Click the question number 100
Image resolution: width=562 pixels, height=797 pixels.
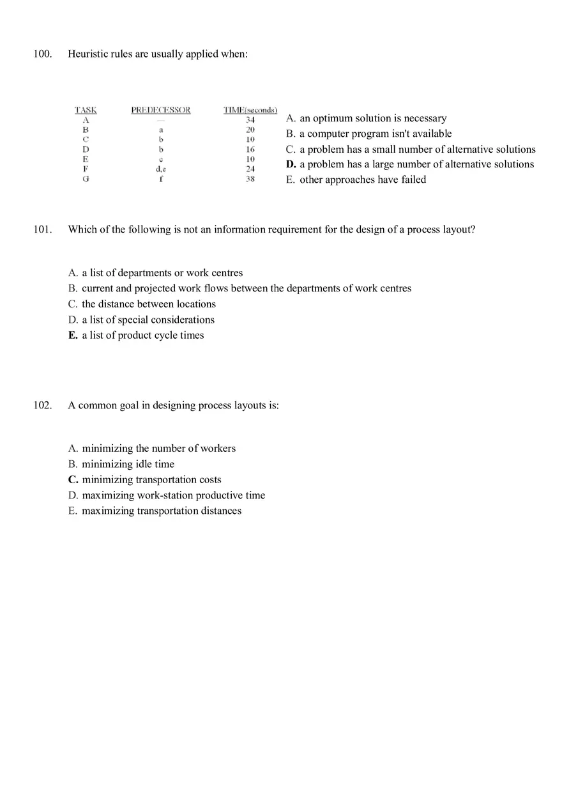click(x=43, y=54)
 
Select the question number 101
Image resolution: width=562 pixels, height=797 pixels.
click(x=43, y=229)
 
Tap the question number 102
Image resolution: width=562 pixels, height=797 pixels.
click(x=43, y=405)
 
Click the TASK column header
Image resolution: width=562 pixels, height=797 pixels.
click(x=86, y=110)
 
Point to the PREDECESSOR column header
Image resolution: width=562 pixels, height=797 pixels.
click(x=161, y=110)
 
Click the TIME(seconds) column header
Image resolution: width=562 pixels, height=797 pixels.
click(x=250, y=110)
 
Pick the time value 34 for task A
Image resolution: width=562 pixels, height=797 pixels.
click(x=250, y=120)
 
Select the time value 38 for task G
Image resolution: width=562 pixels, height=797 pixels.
click(x=250, y=179)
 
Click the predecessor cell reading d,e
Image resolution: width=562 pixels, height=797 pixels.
click(x=161, y=169)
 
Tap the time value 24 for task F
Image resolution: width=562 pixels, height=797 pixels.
click(x=250, y=169)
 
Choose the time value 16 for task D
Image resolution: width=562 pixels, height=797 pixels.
click(x=250, y=149)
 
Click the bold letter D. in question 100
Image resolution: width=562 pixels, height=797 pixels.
click(x=291, y=164)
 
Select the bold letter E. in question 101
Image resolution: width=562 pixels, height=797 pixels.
click(x=73, y=336)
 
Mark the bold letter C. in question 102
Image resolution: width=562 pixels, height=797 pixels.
click(x=73, y=480)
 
